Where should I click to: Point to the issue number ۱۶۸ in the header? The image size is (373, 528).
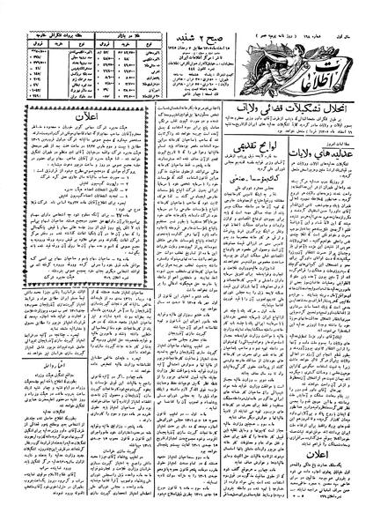coord(313,11)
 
